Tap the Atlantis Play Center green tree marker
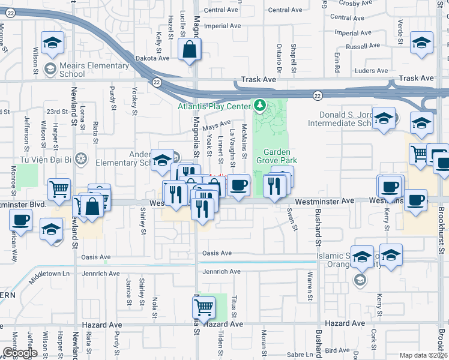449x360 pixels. pos(259,106)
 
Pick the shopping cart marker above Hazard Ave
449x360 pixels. pos(203,308)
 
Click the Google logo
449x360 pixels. pos(20,353)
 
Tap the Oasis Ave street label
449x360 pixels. pos(217,253)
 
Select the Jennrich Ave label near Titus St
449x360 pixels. pos(221,272)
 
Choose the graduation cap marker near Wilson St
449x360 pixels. pos(52,43)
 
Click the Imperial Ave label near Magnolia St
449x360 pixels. pos(221,26)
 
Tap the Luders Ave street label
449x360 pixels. pos(372,71)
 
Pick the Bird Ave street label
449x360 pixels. pos(337,350)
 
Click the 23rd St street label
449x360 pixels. pos(57,112)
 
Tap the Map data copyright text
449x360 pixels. pos(423,355)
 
